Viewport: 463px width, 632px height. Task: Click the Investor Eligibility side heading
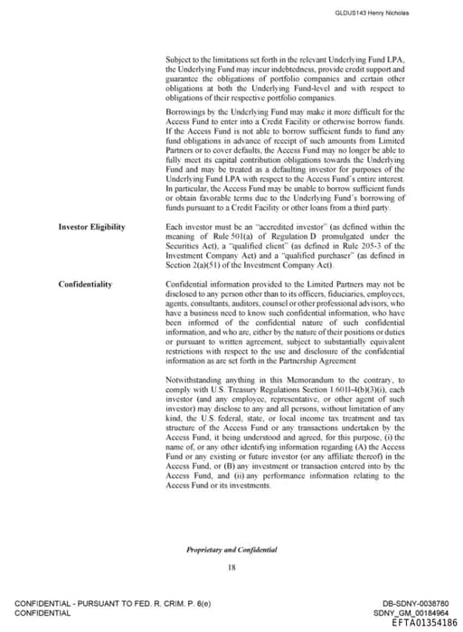(92, 226)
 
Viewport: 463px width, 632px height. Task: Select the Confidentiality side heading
(86, 284)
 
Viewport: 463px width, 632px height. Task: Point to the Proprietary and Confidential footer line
(231, 549)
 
